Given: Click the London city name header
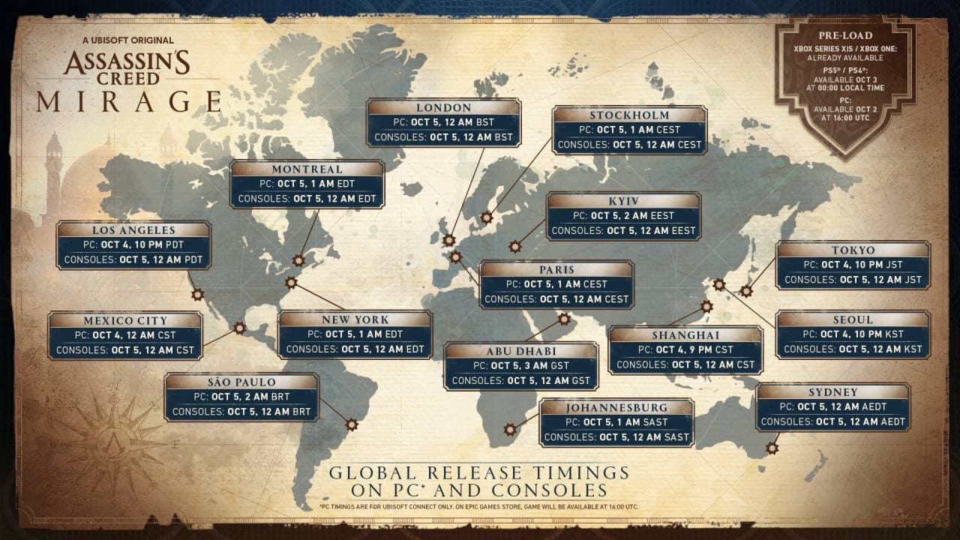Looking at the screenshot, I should (444, 107).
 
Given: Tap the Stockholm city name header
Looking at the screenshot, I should (628, 115).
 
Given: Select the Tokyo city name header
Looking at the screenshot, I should (853, 250).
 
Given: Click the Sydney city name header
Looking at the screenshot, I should (832, 391).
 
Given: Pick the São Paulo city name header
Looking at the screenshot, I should (241, 382).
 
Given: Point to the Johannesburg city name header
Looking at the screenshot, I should (616, 407).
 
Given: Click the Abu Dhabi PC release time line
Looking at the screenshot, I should (520, 366).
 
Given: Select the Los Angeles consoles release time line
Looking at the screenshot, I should (134, 260).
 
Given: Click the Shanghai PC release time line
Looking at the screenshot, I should (685, 350).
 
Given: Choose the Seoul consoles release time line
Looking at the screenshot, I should (853, 349).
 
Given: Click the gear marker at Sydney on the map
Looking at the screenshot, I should (772, 448).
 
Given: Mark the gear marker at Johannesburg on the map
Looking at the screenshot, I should (510, 430).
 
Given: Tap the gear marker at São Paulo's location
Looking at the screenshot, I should (351, 424).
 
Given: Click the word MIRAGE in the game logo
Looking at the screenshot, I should (129, 101).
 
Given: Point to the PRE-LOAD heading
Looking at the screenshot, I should (844, 34).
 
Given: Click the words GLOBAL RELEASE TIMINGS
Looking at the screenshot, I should (479, 473).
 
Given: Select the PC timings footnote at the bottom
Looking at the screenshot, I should (479, 507).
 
